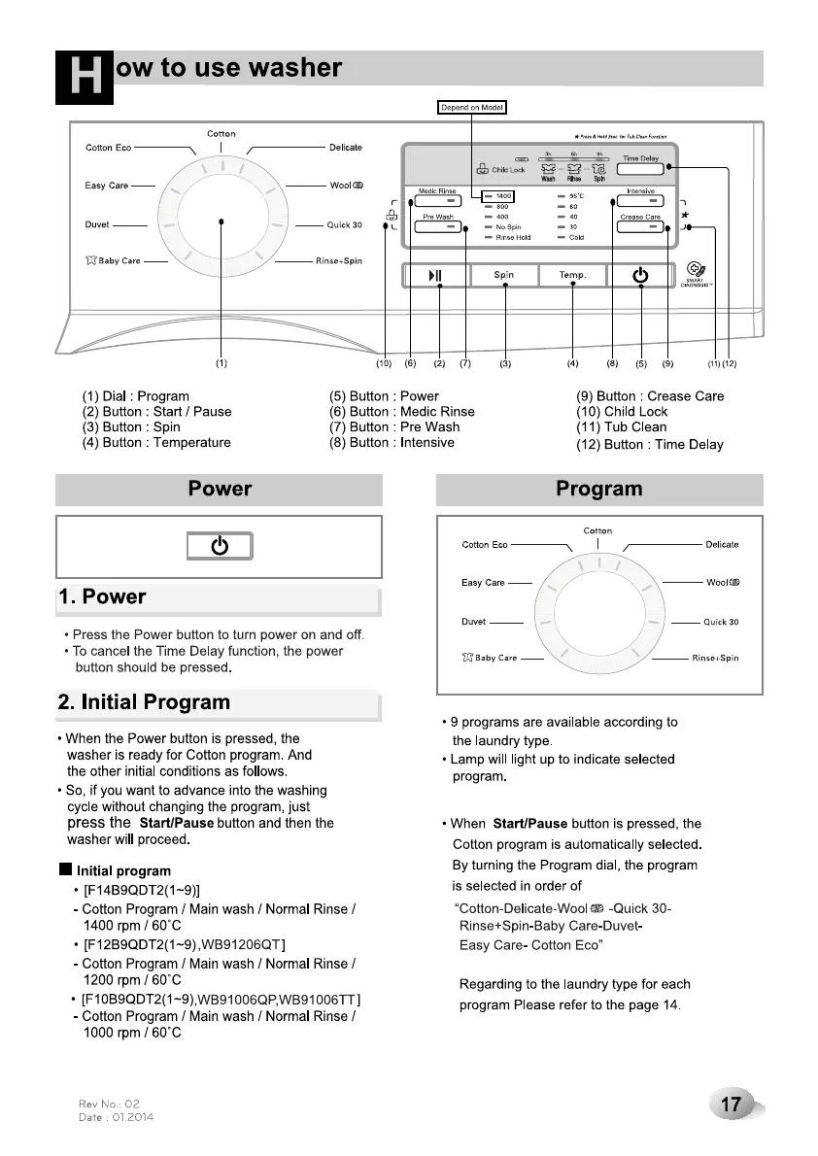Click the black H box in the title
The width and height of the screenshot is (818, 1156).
coord(85,77)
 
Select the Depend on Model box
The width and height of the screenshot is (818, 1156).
coord(473,107)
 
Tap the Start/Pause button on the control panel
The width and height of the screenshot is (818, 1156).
coord(435,275)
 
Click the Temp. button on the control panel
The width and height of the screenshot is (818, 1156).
coord(572,275)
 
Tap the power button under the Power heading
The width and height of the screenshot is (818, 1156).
coord(220,546)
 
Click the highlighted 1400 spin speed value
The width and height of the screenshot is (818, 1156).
coord(503,196)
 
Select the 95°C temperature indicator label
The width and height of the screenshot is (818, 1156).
coord(577,196)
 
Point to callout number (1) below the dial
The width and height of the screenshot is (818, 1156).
coord(222,364)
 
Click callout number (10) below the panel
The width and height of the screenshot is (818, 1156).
coord(385,364)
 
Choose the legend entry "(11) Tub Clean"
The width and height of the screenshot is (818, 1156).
coord(622,427)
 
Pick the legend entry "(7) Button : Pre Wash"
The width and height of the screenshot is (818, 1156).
coord(394,427)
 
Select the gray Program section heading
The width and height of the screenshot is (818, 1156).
coord(598,490)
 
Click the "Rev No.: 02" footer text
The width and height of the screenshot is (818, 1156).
coord(110,1105)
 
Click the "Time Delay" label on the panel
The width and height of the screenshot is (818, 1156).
coord(640,158)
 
